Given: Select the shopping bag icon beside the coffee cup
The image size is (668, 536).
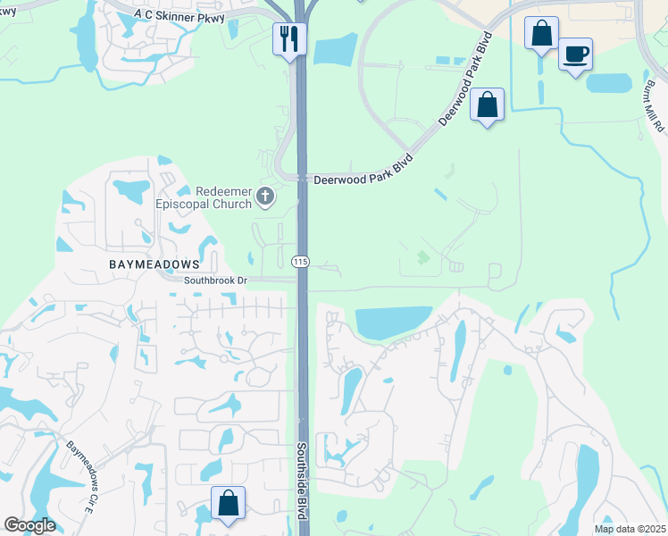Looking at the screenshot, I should click(x=541, y=34).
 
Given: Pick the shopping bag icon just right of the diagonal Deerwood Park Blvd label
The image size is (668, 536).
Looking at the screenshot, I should click(x=488, y=105).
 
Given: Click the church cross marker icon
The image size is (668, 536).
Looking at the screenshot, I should click(x=265, y=196).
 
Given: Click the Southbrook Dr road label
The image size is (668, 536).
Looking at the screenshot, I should click(x=214, y=280).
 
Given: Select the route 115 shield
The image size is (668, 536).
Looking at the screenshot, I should click(x=300, y=261).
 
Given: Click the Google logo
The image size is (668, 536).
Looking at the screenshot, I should click(x=29, y=525).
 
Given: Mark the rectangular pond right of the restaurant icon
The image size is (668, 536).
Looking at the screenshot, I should click(x=335, y=49).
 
